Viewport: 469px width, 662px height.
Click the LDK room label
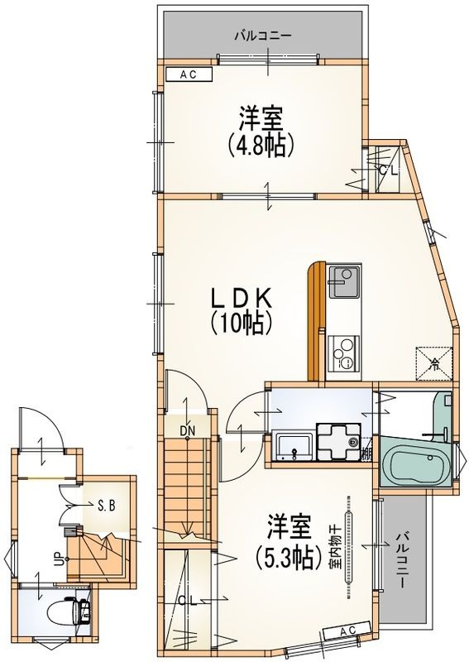point(241,297)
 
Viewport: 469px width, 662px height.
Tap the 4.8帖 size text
point(261,146)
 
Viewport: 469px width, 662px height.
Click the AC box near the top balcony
point(187,74)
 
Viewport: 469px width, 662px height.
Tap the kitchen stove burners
point(342,353)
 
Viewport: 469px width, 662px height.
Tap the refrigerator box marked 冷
point(435,360)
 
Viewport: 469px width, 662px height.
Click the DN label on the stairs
point(188,430)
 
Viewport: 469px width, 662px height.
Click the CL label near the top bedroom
point(387,171)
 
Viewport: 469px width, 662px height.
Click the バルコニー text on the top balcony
point(261,36)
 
